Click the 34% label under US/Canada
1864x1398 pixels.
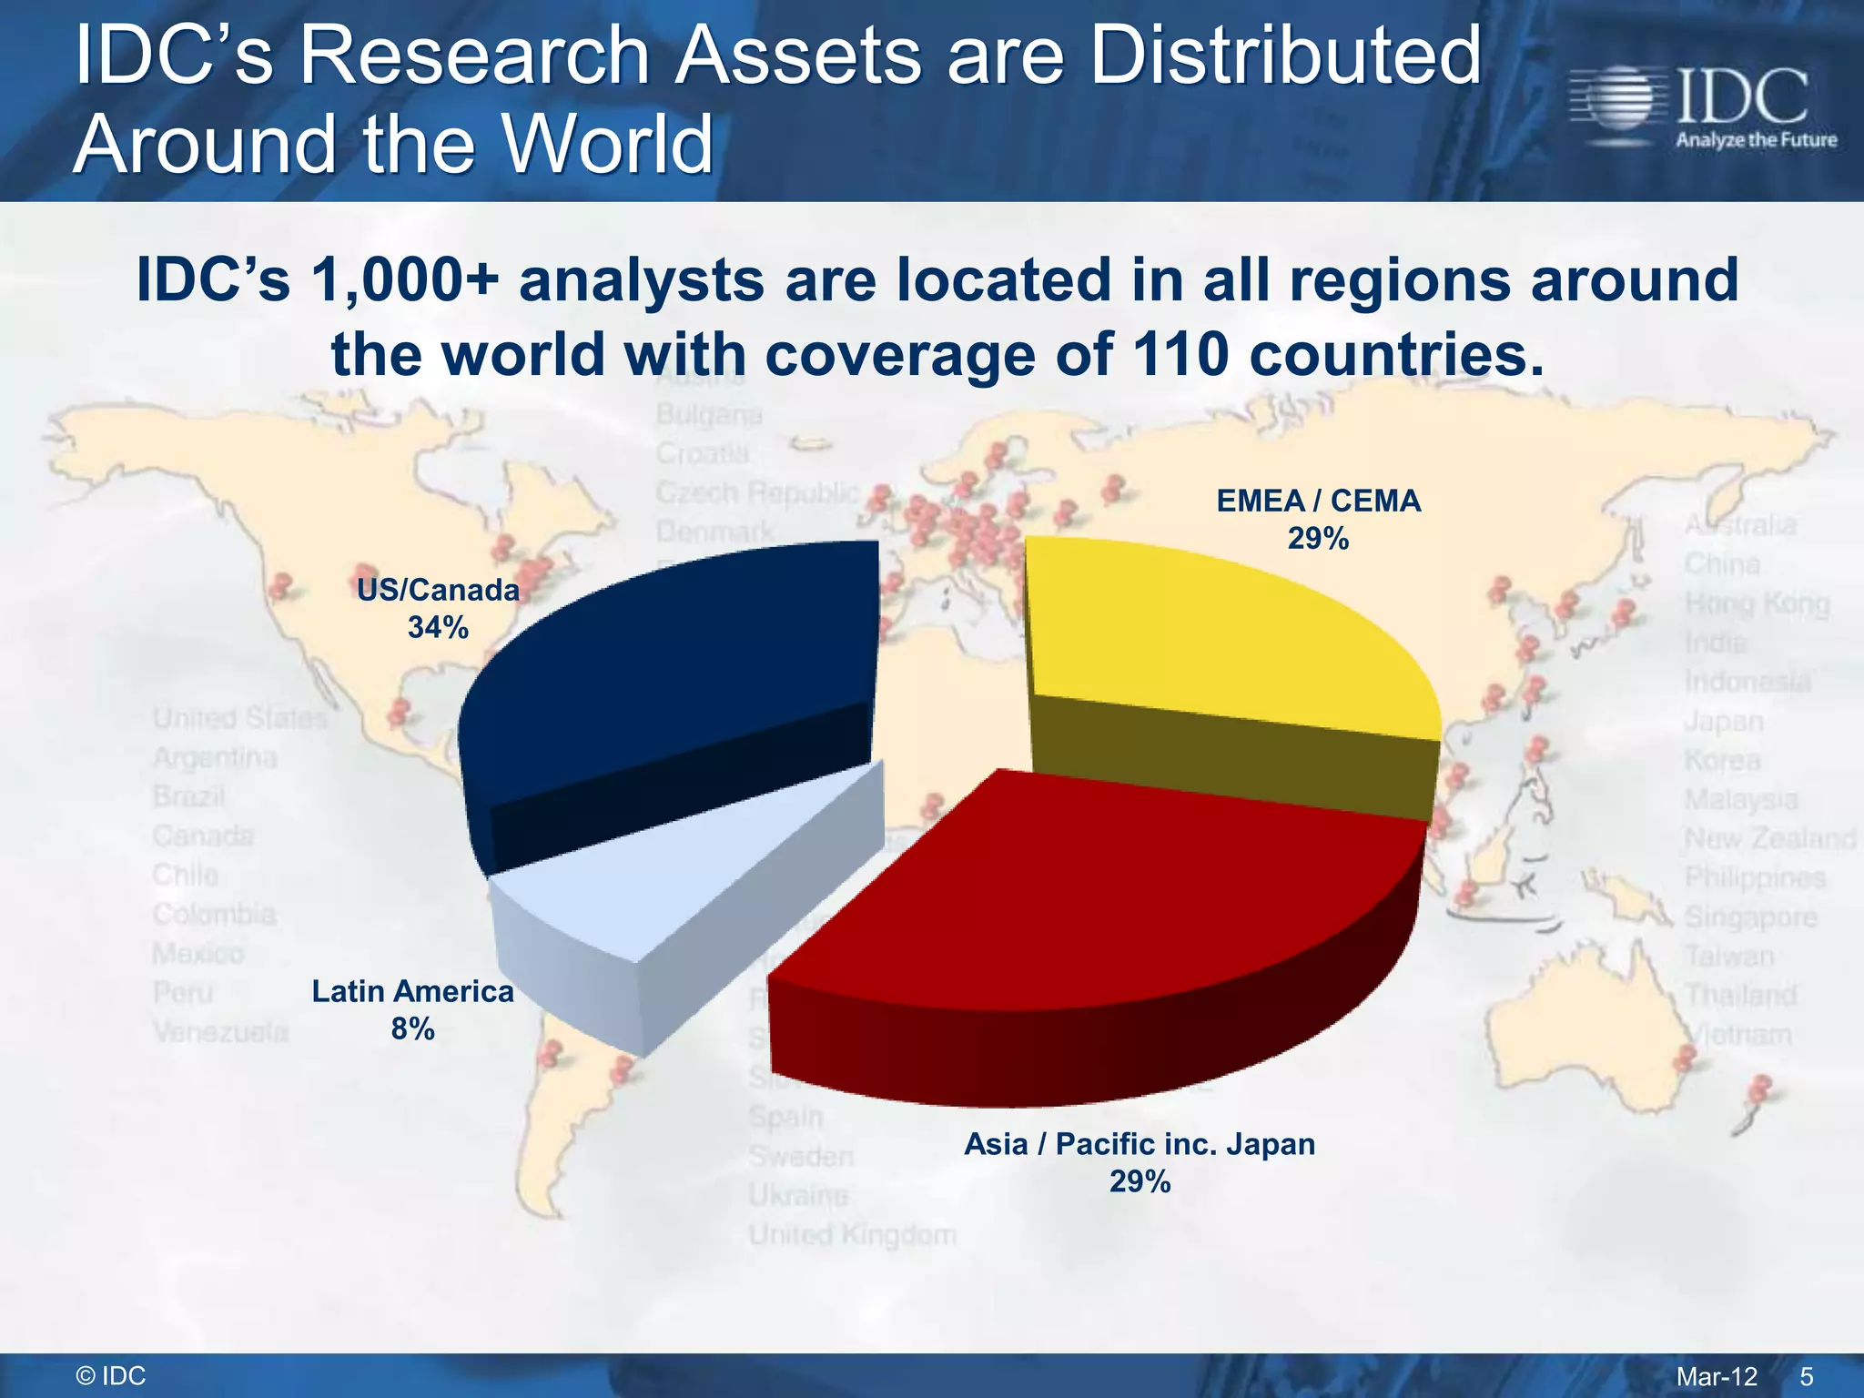(438, 627)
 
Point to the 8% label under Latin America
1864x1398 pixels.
(412, 1029)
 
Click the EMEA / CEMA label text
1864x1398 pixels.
(1318, 501)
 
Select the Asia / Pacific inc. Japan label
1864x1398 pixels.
(1140, 1143)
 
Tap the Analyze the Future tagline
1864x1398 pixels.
(1756, 140)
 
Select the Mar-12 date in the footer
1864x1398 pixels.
(1717, 1376)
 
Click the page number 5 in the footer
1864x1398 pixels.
(1807, 1376)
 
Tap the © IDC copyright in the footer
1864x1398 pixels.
(111, 1376)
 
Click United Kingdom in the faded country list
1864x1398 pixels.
(852, 1235)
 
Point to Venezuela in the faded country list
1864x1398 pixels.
(220, 1032)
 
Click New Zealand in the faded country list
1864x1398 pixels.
(1769, 838)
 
